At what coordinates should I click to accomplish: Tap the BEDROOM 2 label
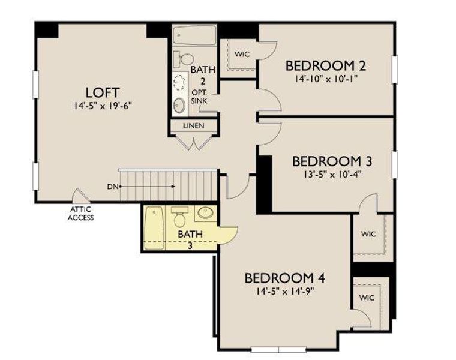pos(325,65)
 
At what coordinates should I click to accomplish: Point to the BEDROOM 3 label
pos(332,161)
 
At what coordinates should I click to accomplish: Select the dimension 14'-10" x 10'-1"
pos(325,79)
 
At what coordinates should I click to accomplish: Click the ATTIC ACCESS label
pos(80,214)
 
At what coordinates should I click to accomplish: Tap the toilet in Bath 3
pos(180,215)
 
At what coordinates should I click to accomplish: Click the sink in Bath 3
pos(206,214)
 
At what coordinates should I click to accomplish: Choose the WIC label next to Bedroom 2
pos(242,54)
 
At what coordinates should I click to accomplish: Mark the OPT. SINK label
pos(199,97)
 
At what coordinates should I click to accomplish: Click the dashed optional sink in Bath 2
pos(179,82)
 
